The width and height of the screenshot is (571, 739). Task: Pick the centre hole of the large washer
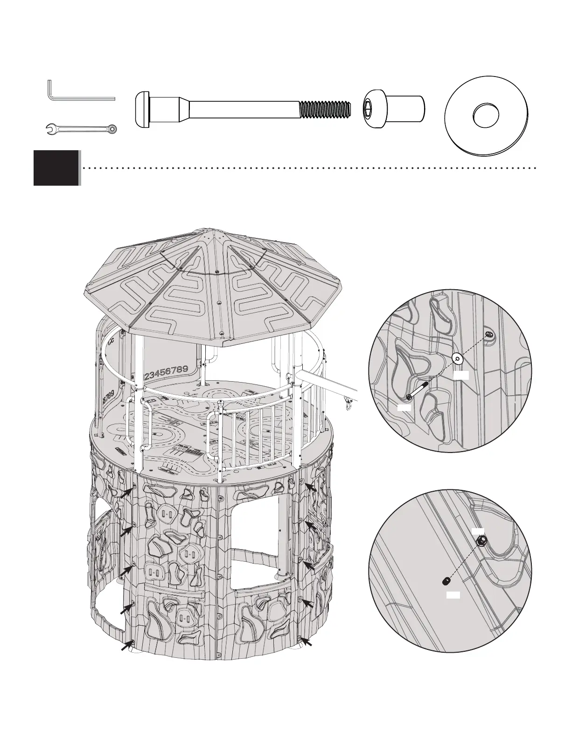pyautogui.click(x=486, y=115)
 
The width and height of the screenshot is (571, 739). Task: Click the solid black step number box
pyautogui.click(x=56, y=167)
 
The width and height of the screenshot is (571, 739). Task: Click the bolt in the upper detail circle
pyautogui.click(x=417, y=388)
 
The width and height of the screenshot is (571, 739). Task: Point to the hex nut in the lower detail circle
pyautogui.click(x=482, y=541)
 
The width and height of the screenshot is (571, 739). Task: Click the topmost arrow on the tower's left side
pyautogui.click(x=126, y=495)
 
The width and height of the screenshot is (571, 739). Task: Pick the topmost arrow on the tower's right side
pyautogui.click(x=311, y=488)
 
